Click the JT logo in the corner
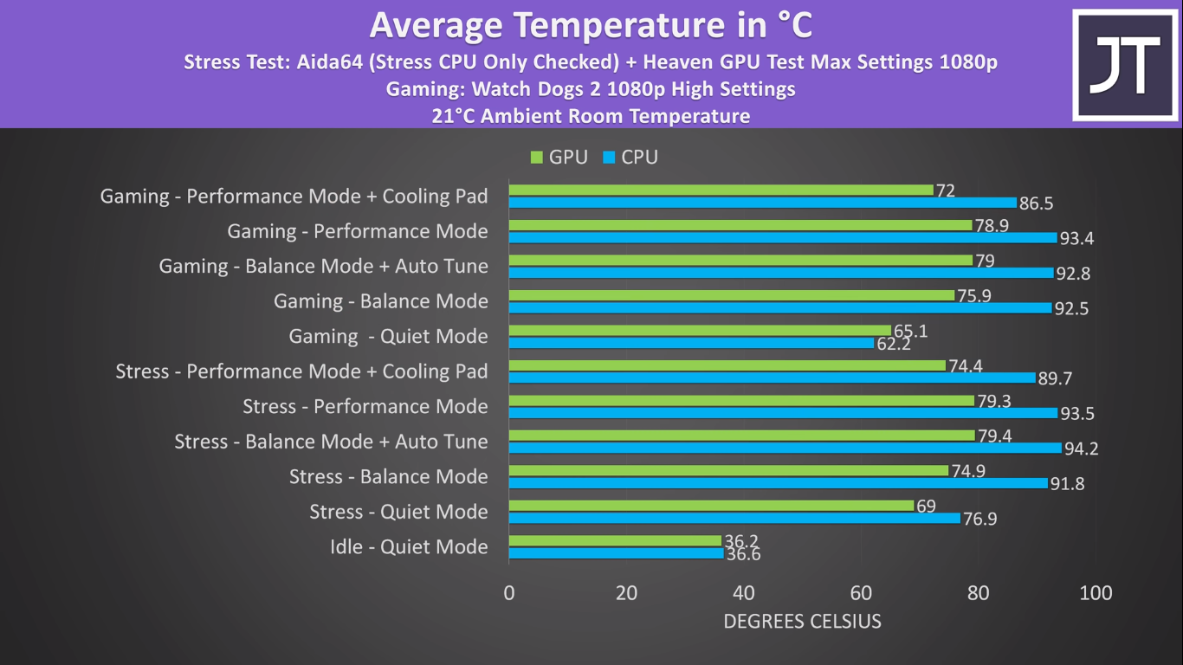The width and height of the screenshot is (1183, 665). tap(1124, 65)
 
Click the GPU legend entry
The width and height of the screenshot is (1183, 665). tap(559, 158)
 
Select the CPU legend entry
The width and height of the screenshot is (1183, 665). tap(630, 158)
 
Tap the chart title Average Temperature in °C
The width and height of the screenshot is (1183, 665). tap(591, 25)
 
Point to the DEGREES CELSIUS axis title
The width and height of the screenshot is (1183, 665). tap(802, 621)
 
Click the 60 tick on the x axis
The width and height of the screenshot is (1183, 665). tap(861, 593)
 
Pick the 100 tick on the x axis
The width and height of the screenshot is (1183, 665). tap(1096, 593)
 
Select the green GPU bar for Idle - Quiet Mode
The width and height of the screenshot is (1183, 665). tap(615, 540)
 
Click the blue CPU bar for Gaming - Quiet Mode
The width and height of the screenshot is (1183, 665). tap(691, 343)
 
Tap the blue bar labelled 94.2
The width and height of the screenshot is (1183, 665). tap(785, 448)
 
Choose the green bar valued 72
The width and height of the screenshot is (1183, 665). tap(721, 190)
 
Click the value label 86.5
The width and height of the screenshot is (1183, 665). tap(1036, 203)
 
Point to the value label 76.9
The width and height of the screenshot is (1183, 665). tap(980, 519)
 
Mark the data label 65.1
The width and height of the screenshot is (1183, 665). tap(910, 331)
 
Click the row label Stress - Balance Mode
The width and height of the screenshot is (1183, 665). tap(388, 477)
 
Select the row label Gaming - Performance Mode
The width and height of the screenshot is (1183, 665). tap(358, 231)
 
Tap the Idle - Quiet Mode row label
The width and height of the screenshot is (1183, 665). tap(409, 547)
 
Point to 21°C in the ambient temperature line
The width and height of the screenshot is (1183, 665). tap(454, 116)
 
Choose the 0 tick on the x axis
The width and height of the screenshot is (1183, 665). tap(509, 593)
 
